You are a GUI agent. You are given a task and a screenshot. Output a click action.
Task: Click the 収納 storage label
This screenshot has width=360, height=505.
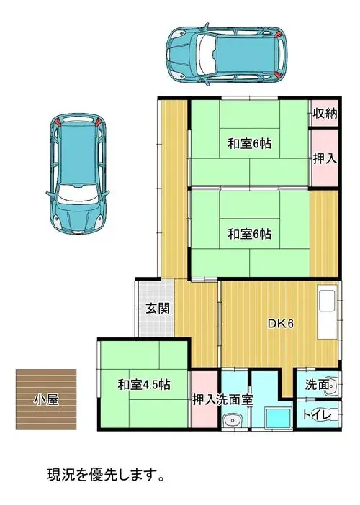[325, 113]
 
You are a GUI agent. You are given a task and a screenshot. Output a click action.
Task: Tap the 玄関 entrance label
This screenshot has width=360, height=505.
[158, 309]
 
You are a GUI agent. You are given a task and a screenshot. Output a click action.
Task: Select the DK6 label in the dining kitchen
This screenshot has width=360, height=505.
[281, 324]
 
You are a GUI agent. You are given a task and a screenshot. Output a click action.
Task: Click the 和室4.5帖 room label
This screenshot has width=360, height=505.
[144, 385]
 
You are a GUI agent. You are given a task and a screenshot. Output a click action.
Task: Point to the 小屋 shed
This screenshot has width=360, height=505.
[46, 399]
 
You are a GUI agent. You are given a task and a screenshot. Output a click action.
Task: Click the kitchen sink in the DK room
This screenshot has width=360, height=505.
[327, 301]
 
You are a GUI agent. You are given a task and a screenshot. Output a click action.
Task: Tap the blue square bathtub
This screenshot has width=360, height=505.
[278, 418]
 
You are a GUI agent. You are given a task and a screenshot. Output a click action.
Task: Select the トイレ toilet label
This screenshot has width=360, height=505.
[317, 415]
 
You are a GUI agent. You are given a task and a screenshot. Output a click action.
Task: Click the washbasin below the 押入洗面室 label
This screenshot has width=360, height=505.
[233, 420]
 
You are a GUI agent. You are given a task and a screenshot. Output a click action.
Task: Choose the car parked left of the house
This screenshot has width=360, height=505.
[78, 174]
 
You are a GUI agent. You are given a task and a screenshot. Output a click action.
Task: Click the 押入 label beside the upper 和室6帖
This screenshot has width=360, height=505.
[325, 158]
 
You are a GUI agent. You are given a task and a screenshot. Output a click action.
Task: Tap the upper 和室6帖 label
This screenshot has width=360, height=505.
[249, 143]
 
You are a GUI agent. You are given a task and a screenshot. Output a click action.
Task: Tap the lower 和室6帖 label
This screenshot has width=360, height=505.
[249, 234]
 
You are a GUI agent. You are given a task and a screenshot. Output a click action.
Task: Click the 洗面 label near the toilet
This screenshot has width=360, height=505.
[317, 384]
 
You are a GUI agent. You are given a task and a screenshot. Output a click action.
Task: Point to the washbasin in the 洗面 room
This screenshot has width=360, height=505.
[333, 385]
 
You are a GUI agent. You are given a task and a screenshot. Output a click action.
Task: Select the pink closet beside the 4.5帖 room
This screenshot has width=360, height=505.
[205, 399]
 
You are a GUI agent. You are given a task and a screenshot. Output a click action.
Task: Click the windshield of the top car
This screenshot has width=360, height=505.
[207, 54]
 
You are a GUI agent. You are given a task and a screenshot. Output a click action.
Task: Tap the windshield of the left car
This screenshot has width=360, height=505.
[78, 194]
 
